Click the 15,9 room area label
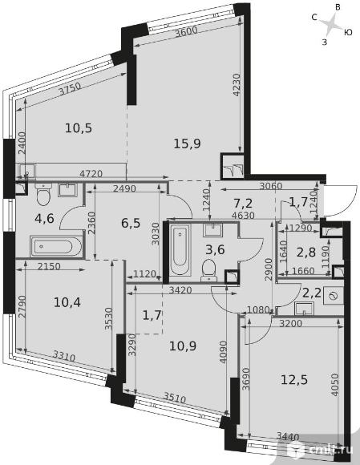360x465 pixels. pos(187,144)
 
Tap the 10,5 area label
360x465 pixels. pos(79,128)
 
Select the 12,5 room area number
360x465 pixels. pos(294,379)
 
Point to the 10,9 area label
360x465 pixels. pos(183,346)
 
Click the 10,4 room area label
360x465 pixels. pos(67,303)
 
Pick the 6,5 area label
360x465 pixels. pos(131,223)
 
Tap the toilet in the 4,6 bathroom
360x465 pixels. pos(43,195)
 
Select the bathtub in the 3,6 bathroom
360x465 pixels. pos(180,252)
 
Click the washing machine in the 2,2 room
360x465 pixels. pos(334,296)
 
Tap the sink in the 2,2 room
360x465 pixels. pos(304,309)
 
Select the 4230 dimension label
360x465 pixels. pos(237,84)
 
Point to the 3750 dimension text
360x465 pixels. pos(70,88)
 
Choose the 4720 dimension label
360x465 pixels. pos(91,174)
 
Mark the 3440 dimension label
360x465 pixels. pos(287,436)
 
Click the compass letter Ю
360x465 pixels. pos(348,32)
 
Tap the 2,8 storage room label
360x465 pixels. pos(306,253)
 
